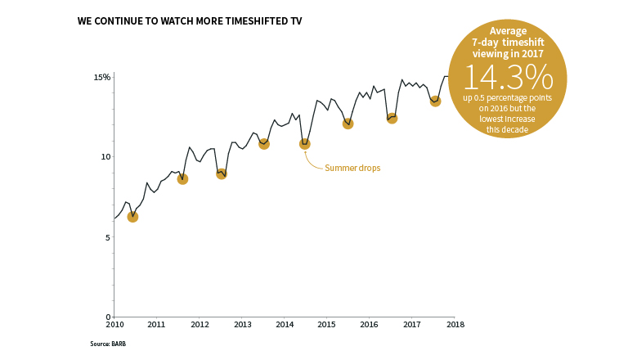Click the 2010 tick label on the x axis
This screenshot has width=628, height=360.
114,325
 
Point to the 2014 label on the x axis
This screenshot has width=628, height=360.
285,325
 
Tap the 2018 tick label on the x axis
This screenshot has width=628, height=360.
455,325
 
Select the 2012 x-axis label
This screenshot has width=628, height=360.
200,325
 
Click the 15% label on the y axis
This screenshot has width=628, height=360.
101,78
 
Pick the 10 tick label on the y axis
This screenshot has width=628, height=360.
105,157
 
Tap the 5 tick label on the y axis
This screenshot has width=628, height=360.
108,237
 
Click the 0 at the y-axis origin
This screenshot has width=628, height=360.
108,317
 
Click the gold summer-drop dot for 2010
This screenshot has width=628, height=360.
132,217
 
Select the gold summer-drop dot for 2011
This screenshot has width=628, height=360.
182,179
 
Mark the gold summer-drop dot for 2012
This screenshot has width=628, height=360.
222,173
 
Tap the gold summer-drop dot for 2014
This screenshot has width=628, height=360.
305,144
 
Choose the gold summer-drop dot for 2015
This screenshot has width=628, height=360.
348,124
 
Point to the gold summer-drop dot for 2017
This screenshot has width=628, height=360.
436,101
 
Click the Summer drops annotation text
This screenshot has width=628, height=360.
352,169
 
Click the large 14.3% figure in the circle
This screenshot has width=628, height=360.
508,77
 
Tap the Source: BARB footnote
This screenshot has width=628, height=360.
108,344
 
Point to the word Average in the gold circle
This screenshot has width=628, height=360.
508,31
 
